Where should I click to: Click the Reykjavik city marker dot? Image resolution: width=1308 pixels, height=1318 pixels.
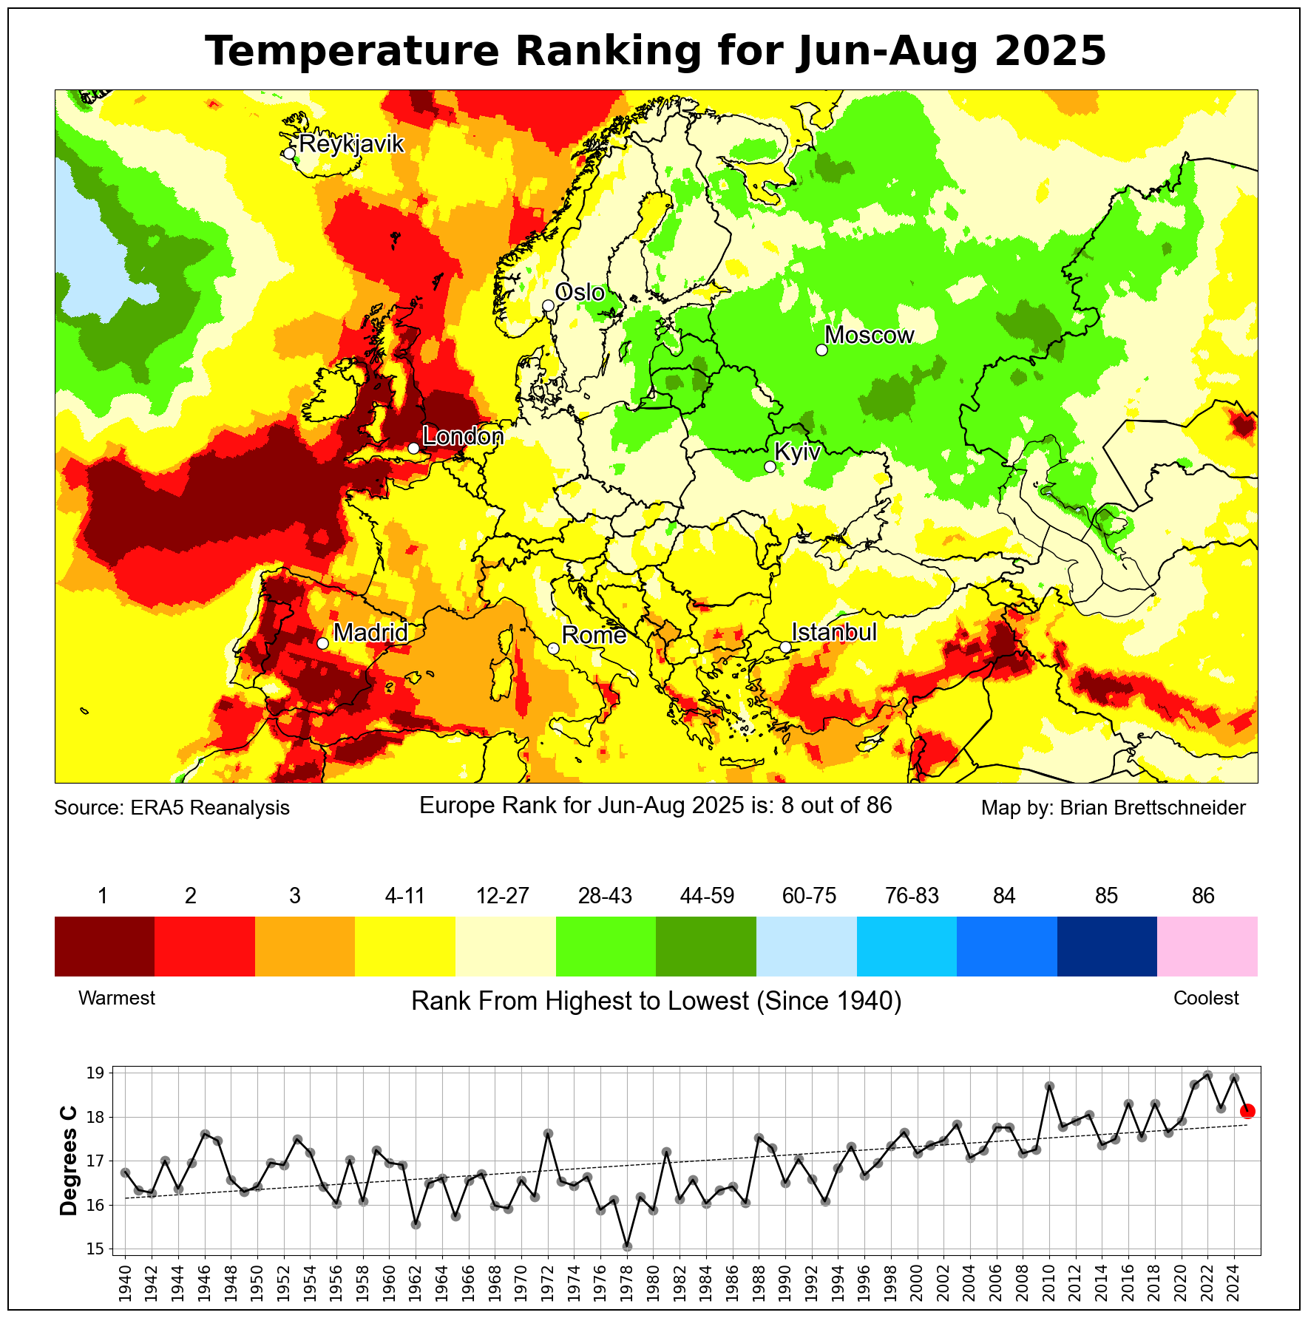290,153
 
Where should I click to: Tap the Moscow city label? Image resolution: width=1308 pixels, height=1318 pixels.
870,336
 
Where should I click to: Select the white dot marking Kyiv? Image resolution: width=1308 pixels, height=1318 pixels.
770,466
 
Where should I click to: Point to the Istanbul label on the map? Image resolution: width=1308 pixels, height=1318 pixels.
834,633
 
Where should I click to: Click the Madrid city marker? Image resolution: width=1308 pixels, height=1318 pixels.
322,643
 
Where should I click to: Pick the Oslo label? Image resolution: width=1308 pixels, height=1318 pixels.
580,293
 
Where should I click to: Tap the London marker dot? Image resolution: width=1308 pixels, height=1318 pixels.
413,448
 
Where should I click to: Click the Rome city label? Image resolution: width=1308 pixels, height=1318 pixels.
594,635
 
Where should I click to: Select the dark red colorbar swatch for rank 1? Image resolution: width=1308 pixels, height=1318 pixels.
104,946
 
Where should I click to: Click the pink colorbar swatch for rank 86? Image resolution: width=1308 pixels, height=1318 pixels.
1207,946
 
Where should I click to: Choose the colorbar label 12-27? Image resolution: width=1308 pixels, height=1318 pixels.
503,896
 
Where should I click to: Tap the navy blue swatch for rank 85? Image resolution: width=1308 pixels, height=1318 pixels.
1106,946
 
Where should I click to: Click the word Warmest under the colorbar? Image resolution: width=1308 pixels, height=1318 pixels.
117,998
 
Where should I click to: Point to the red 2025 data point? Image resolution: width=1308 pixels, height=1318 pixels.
1247,1111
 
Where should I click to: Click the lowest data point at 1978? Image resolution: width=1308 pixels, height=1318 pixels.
627,1246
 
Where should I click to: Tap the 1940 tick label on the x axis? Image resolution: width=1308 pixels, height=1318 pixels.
125,1283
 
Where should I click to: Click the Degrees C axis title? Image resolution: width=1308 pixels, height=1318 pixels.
69,1161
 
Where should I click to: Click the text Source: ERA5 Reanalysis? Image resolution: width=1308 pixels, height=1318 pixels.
172,808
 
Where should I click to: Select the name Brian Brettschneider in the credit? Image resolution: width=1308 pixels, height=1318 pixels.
1153,808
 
